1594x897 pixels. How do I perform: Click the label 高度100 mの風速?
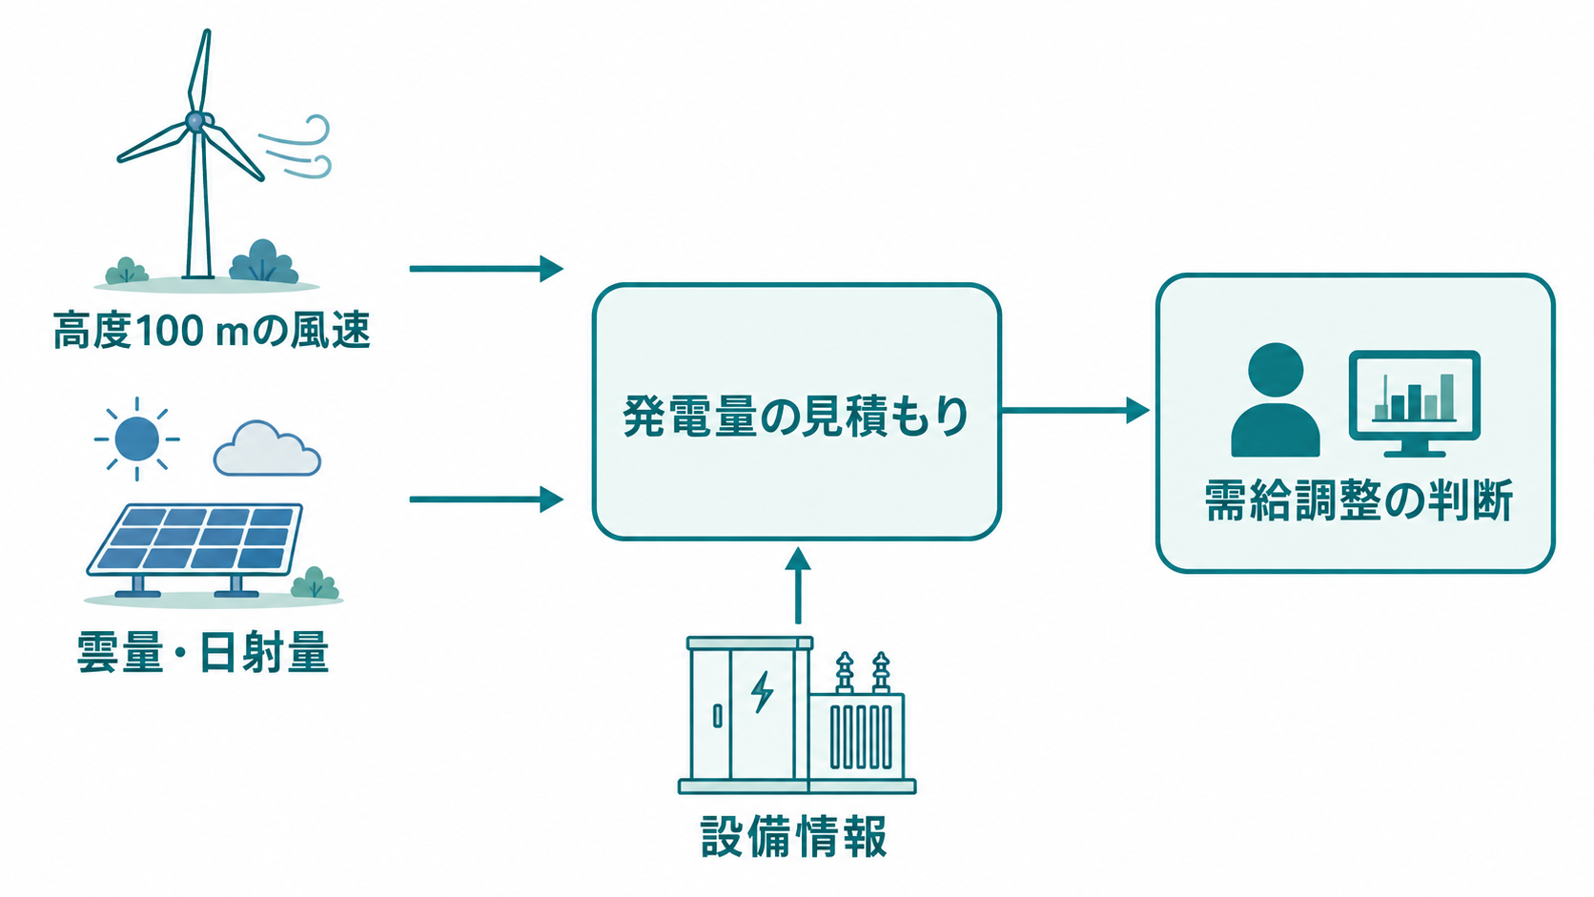(212, 331)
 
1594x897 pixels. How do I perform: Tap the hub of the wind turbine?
(195, 121)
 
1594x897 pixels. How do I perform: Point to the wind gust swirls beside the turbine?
(296, 147)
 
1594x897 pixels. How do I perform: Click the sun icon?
(136, 438)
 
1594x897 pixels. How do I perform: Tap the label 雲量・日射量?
(203, 652)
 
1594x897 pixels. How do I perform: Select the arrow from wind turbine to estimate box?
(486, 269)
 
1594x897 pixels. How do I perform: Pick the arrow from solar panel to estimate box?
(486, 499)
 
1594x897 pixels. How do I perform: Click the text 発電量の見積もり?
(796, 416)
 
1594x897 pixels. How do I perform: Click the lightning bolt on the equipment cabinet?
(762, 691)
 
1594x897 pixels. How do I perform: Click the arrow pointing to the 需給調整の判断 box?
(1075, 411)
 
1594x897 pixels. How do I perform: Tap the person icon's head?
(1276, 371)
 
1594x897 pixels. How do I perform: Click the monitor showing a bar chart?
(1415, 403)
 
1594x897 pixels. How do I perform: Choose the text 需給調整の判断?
(1359, 501)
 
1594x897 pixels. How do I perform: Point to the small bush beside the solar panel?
(315, 583)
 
